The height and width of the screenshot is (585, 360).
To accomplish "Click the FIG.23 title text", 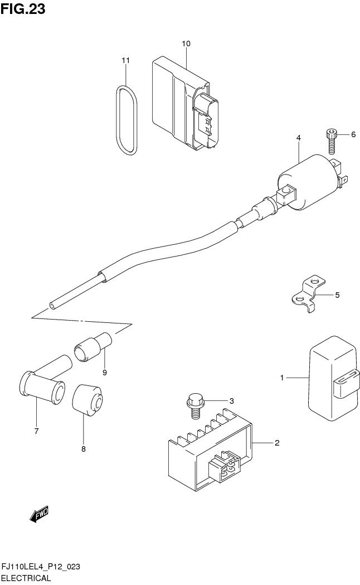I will [x=23, y=9].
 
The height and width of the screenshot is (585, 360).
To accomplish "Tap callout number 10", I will [x=186, y=43].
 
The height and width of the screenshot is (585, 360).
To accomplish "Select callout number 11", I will [x=125, y=60].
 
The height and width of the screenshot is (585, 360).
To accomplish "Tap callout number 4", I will [x=299, y=138].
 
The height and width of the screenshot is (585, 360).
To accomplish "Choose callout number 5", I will [x=337, y=294].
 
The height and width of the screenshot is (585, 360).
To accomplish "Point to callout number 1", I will [x=282, y=378].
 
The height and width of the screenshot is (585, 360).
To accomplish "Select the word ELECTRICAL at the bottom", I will [x=26, y=578].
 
